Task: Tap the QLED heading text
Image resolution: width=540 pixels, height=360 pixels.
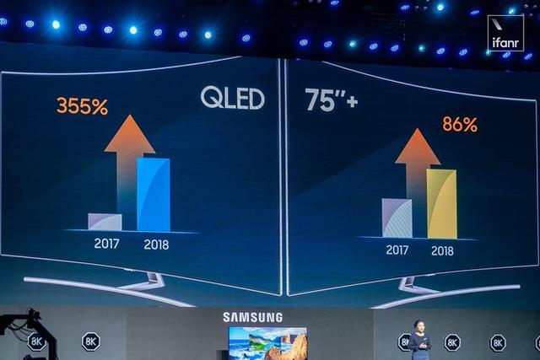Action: [x=232, y=99]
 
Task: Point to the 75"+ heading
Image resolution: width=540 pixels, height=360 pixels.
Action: [x=331, y=101]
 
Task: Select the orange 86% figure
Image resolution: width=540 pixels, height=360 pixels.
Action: [x=460, y=125]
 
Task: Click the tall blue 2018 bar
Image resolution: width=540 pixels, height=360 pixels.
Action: [x=154, y=195]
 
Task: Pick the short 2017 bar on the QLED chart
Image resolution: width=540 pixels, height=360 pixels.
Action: [x=105, y=222]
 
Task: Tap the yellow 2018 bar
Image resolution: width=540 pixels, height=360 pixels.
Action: [x=441, y=204]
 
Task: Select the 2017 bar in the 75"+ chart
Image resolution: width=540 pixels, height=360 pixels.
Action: [x=397, y=218]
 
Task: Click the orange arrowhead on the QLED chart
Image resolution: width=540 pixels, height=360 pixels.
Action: [x=129, y=134]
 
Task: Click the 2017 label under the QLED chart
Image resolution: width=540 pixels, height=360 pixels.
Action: [x=107, y=244]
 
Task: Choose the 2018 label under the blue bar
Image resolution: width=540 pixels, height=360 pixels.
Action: [x=156, y=245]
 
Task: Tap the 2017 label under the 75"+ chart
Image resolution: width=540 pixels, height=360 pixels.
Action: [x=397, y=250]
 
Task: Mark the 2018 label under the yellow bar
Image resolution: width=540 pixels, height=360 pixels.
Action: [x=442, y=251]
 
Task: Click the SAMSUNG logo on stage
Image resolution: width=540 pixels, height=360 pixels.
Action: [x=253, y=317]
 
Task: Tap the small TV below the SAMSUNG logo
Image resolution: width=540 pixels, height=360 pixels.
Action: [x=267, y=343]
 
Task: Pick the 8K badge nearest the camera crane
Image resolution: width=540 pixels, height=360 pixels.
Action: [x=36, y=341]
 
